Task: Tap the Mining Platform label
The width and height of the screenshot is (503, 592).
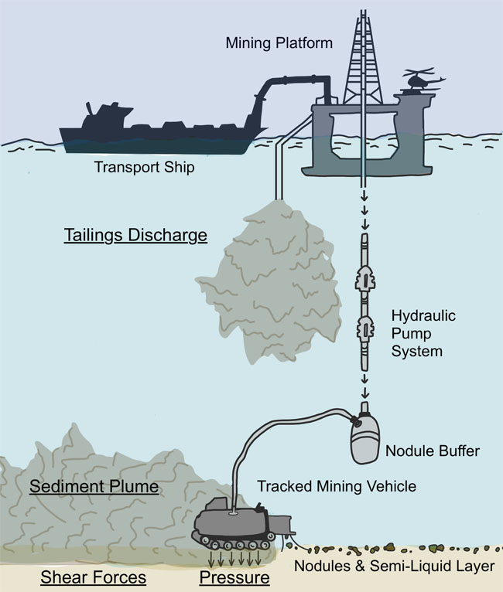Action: pyautogui.click(x=279, y=43)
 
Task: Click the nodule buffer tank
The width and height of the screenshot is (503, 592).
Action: pyautogui.click(x=364, y=441)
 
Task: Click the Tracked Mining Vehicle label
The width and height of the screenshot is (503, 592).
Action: pyautogui.click(x=337, y=486)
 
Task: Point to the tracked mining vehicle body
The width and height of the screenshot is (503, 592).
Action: pyautogui.click(x=232, y=522)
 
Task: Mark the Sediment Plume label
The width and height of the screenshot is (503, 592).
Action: pyautogui.click(x=94, y=487)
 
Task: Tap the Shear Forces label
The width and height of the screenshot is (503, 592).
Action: pyautogui.click(x=83, y=577)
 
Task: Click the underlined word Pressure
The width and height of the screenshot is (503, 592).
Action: pyautogui.click(x=234, y=577)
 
